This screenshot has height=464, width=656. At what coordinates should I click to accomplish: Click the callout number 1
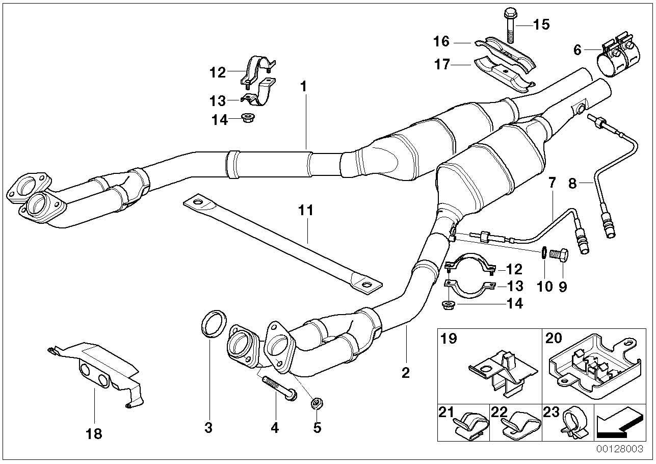(304, 87)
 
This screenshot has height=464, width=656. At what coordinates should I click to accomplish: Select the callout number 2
(405, 374)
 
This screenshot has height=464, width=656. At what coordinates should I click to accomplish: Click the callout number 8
(572, 183)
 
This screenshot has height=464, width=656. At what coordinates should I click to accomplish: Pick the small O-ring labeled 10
(544, 252)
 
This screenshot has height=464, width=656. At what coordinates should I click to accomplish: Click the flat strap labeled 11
(283, 244)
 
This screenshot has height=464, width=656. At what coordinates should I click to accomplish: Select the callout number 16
(441, 40)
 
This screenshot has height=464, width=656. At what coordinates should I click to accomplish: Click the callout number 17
(441, 65)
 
